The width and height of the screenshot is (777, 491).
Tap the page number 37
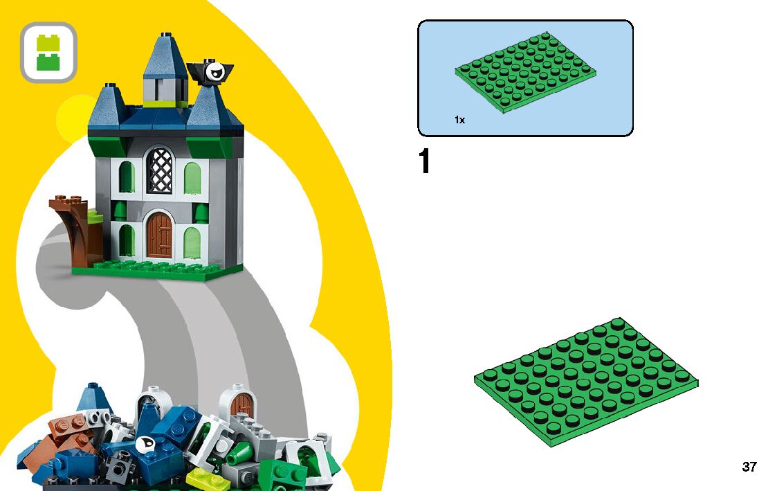[749, 467]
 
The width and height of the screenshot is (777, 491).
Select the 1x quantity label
[459, 120]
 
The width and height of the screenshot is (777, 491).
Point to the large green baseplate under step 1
[586, 382]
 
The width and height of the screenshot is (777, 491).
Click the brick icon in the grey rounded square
[48, 53]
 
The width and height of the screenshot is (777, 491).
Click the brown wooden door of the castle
[159, 235]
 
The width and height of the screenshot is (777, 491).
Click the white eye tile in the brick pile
[145, 445]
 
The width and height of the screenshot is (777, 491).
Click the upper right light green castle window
[193, 178]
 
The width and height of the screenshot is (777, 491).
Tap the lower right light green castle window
[192, 242]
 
